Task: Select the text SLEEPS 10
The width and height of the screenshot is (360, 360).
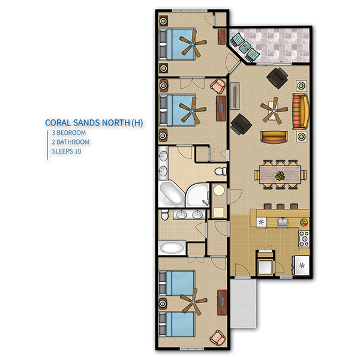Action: [x=67, y=151]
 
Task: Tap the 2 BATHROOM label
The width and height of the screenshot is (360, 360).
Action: [x=70, y=142]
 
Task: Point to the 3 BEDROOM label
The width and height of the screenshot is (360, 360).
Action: [x=68, y=133]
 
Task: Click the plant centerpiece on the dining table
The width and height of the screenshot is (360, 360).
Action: [x=280, y=176]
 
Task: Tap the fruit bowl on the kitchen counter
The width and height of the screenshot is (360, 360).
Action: [x=304, y=222]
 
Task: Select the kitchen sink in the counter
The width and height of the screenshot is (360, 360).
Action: [x=283, y=222]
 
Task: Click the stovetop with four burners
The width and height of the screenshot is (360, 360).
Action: [x=304, y=239]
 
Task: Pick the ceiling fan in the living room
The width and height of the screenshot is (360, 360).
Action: [x=274, y=111]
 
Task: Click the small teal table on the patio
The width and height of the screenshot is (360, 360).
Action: [x=245, y=47]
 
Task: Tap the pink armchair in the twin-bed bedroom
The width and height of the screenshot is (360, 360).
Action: [x=218, y=338]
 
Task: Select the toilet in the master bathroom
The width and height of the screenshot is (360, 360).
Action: [x=221, y=171]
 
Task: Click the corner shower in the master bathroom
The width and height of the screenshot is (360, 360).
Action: [x=197, y=195]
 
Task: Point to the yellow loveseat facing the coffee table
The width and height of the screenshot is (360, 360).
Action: [x=274, y=137]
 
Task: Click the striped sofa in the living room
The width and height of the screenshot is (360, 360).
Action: [x=300, y=112]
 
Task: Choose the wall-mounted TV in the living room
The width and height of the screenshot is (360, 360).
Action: [x=235, y=96]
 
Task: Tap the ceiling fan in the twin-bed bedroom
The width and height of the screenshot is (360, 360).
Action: [x=193, y=301]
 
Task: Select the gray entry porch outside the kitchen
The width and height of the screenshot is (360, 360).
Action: [x=243, y=303]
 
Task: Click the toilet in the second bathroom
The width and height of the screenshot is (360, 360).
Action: [x=164, y=214]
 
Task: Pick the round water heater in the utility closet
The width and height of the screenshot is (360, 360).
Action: [x=219, y=190]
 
